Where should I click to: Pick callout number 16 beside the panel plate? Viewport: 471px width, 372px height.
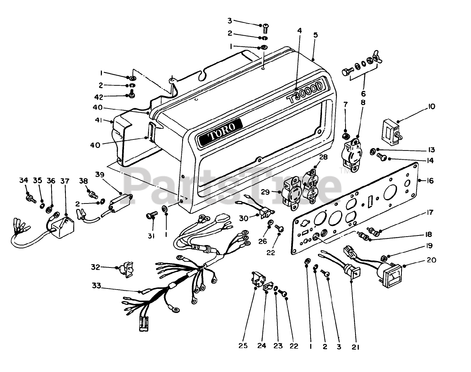click(x=430, y=181)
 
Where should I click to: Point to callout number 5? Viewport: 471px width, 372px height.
click(x=316, y=35)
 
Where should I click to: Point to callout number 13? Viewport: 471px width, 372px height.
click(x=431, y=150)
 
